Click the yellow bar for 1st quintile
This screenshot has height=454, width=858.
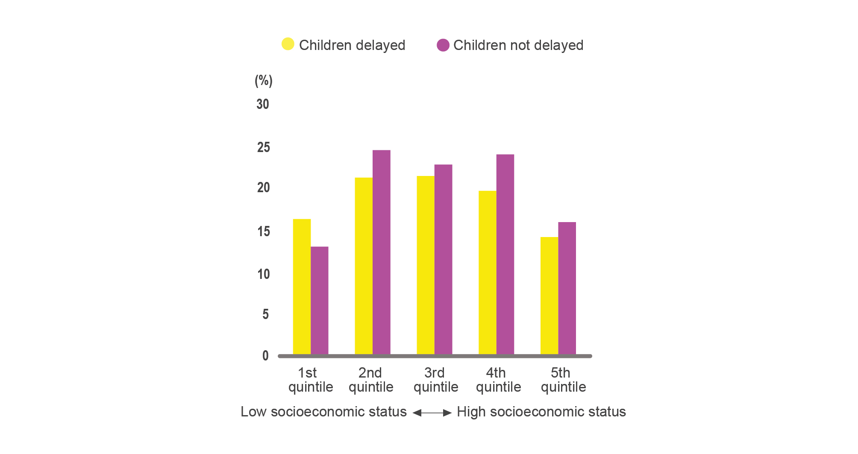pyautogui.click(x=302, y=286)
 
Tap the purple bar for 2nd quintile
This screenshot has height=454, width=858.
pyautogui.click(x=381, y=252)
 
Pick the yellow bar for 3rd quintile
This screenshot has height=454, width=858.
pyautogui.click(x=426, y=265)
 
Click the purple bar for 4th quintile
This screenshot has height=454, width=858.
pyautogui.click(x=505, y=254)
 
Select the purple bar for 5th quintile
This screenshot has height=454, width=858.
pyautogui.click(x=567, y=288)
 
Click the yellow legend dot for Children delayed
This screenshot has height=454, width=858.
pyautogui.click(x=288, y=44)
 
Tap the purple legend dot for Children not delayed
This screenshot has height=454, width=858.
pyautogui.click(x=443, y=45)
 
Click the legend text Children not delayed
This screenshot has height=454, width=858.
pyautogui.click(x=518, y=45)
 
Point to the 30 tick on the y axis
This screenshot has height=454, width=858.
pyautogui.click(x=263, y=104)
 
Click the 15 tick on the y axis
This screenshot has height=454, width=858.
pyautogui.click(x=263, y=231)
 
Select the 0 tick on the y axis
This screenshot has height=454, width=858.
pyautogui.click(x=265, y=356)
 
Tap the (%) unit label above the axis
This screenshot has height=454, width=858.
pyautogui.click(x=263, y=81)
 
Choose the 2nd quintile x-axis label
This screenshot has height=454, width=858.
pyautogui.click(x=371, y=380)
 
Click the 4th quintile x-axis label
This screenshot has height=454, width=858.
pyautogui.click(x=498, y=380)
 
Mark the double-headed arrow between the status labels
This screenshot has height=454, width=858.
pyautogui.click(x=432, y=413)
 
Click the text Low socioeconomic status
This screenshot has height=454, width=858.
pyautogui.click(x=323, y=412)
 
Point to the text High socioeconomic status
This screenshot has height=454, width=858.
pyautogui.click(x=541, y=412)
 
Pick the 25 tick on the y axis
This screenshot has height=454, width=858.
pyautogui.click(x=263, y=147)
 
